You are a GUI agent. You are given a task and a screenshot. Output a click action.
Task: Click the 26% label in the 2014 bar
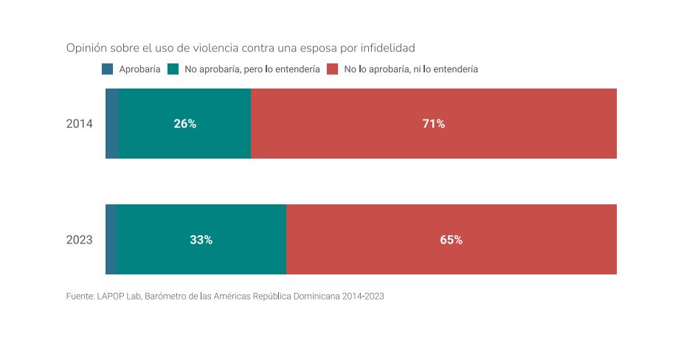click(185, 124)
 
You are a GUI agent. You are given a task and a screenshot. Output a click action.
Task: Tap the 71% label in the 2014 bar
click(433, 124)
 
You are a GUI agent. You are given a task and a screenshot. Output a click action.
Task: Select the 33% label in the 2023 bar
click(201, 240)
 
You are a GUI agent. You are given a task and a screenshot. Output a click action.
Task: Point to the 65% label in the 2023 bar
click(451, 240)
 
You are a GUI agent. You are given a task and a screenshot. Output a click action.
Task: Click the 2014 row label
click(79, 124)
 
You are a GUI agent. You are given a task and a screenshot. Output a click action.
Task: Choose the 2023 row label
click(79, 240)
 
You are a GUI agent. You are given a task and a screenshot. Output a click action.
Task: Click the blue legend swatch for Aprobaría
click(108, 69)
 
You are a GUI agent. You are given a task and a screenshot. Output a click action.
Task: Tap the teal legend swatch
click(174, 69)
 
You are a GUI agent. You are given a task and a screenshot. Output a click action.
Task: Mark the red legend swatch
click(332, 69)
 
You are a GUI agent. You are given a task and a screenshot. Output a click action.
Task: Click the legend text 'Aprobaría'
click(139, 69)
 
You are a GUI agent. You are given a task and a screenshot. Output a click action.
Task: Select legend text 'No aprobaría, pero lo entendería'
click(252, 69)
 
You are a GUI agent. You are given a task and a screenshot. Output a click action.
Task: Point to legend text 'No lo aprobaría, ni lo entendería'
click(411, 69)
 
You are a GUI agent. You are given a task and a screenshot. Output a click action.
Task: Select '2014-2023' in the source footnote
click(363, 297)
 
